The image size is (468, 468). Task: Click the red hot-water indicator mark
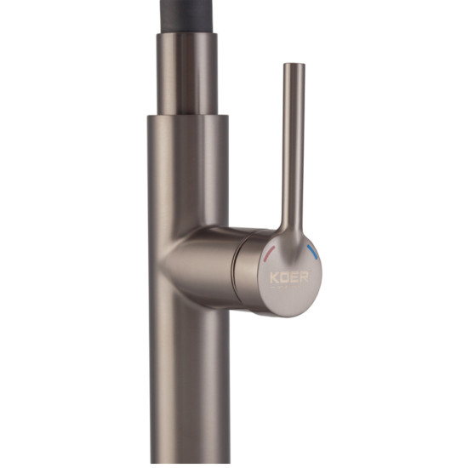pyautogui.click(x=269, y=252)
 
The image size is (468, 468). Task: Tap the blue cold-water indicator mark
pyautogui.click(x=313, y=251)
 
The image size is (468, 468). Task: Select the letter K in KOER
pyautogui.click(x=274, y=277)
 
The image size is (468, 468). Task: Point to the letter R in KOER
pyautogui.click(x=304, y=277)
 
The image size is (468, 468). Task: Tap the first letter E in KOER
pyautogui.click(x=294, y=277)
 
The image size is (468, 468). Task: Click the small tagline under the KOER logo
pyautogui.click(x=289, y=288)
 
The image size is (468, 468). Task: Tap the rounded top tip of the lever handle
pyautogui.click(x=294, y=64)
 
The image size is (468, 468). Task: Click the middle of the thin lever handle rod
pyautogui.click(x=294, y=143)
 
